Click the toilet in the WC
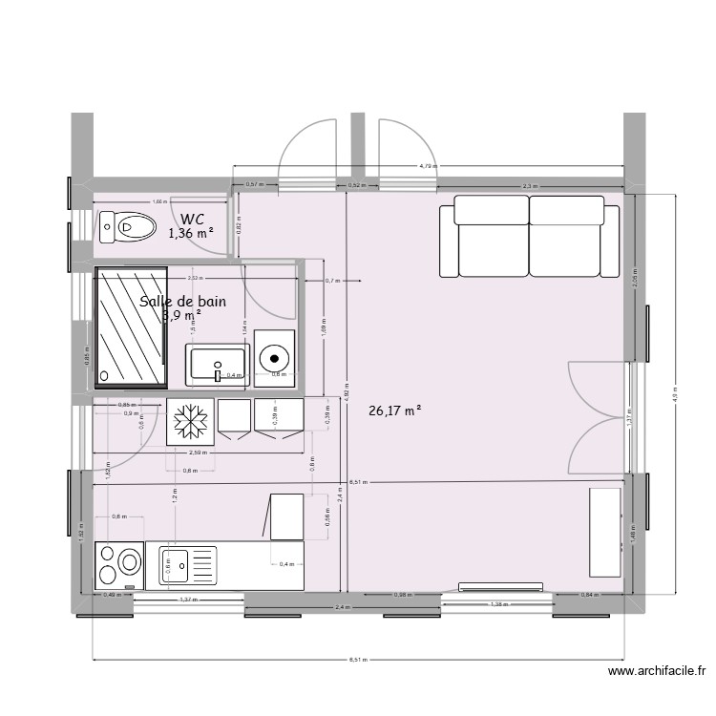(x=128, y=226)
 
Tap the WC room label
(x=192, y=218)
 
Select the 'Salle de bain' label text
(x=183, y=302)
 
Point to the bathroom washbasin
(x=219, y=366)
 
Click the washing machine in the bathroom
(x=275, y=359)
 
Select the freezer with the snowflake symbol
(x=189, y=421)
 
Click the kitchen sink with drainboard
(x=187, y=564)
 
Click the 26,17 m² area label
(x=394, y=411)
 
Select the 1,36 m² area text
(x=191, y=233)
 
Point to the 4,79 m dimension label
(x=429, y=166)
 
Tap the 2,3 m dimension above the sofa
(x=530, y=185)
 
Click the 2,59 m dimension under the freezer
(x=199, y=452)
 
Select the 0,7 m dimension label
(x=332, y=281)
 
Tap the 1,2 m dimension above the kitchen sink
(x=175, y=497)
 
